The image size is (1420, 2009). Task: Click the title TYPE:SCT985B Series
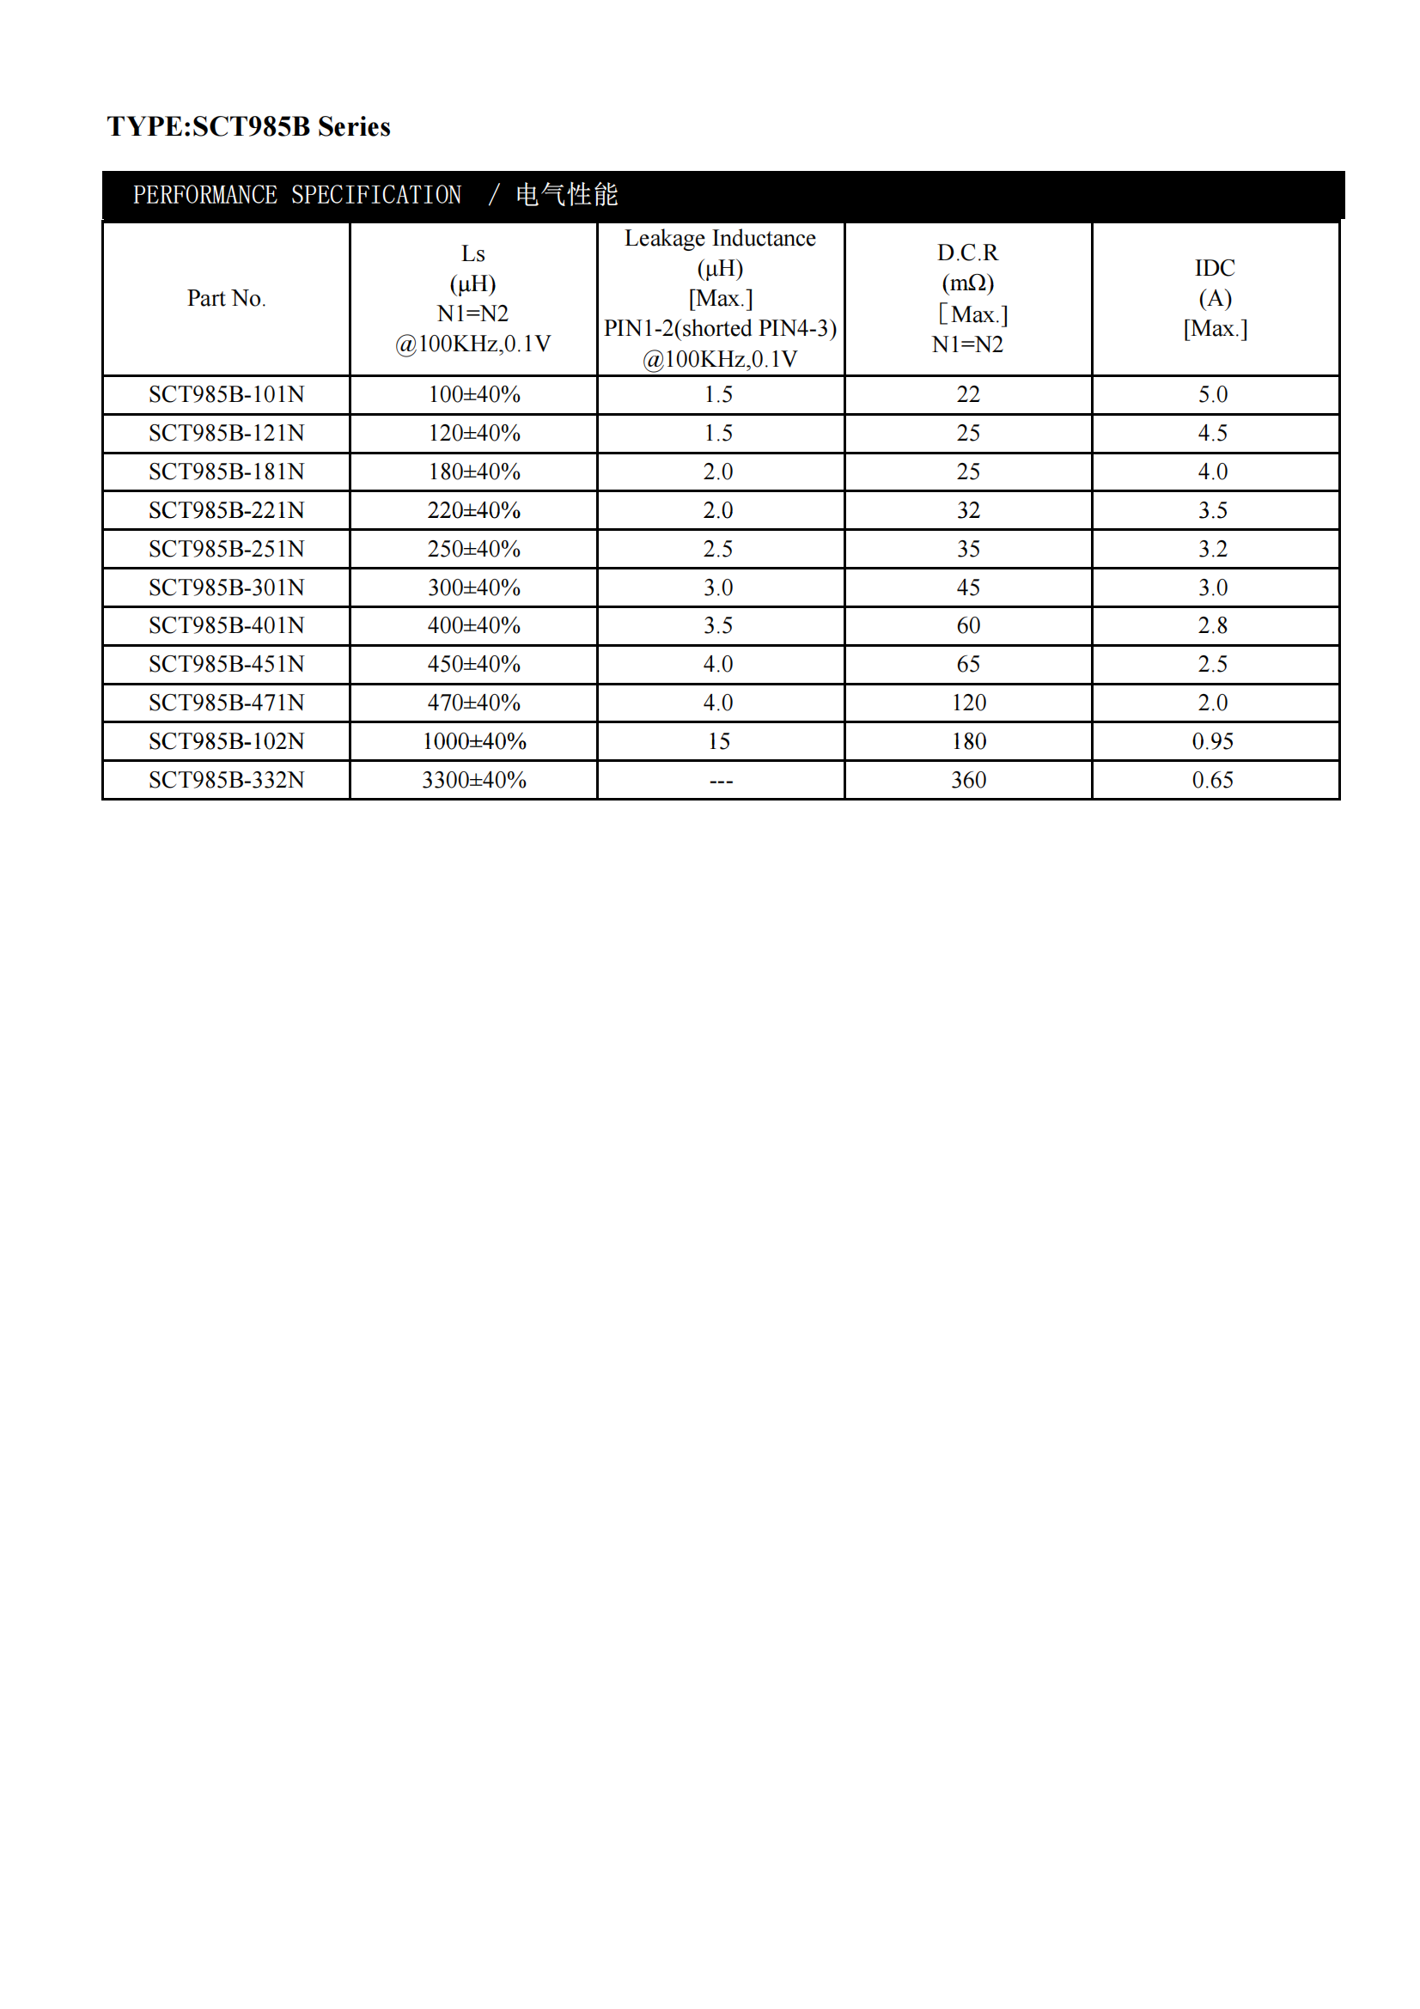[x=248, y=127]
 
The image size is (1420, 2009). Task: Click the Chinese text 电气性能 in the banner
[x=566, y=194]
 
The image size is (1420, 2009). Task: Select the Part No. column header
[x=226, y=298]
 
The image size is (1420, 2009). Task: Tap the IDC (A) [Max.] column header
[x=1215, y=298]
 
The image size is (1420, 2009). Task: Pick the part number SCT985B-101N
[x=226, y=394]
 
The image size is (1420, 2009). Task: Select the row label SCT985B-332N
[x=226, y=780]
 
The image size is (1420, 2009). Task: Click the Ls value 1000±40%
[x=474, y=741]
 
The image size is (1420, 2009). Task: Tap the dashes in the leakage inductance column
[x=720, y=781]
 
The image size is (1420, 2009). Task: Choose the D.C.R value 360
[x=968, y=780]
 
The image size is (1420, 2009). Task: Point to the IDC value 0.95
[x=1213, y=741]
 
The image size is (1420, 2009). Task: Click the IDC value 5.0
[x=1213, y=394]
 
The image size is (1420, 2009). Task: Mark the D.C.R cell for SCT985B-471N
[x=968, y=703]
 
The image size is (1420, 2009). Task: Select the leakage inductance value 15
[x=719, y=741]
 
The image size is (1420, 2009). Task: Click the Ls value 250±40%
[x=474, y=549]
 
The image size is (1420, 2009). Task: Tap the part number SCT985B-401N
[x=226, y=625]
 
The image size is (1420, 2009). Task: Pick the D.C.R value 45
[x=967, y=587]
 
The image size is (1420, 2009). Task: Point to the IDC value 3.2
[x=1213, y=549]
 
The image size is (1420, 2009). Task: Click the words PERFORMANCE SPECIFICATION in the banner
[x=296, y=194]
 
